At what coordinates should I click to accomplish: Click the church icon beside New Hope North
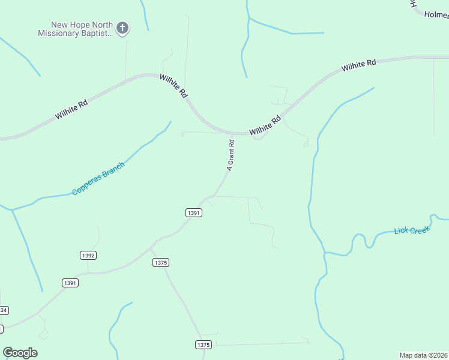point(122,28)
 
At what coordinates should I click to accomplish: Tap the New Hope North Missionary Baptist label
point(76,29)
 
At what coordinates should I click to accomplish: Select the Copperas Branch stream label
point(98,178)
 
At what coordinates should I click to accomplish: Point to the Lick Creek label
point(412,230)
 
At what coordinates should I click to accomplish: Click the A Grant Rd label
point(230,155)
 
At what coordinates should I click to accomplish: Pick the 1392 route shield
point(88,255)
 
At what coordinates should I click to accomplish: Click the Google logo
point(20,353)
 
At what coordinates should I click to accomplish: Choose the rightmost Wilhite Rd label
point(358,65)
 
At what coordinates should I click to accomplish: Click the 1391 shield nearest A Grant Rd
point(193,212)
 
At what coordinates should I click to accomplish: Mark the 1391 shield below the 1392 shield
point(70,283)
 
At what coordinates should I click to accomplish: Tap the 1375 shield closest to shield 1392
point(160,262)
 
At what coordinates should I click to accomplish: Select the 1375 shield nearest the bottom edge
point(203,344)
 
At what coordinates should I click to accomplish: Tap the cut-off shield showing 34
point(4,310)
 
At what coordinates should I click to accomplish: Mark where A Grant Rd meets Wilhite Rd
point(233,133)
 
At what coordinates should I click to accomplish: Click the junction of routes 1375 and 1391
point(151,247)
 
